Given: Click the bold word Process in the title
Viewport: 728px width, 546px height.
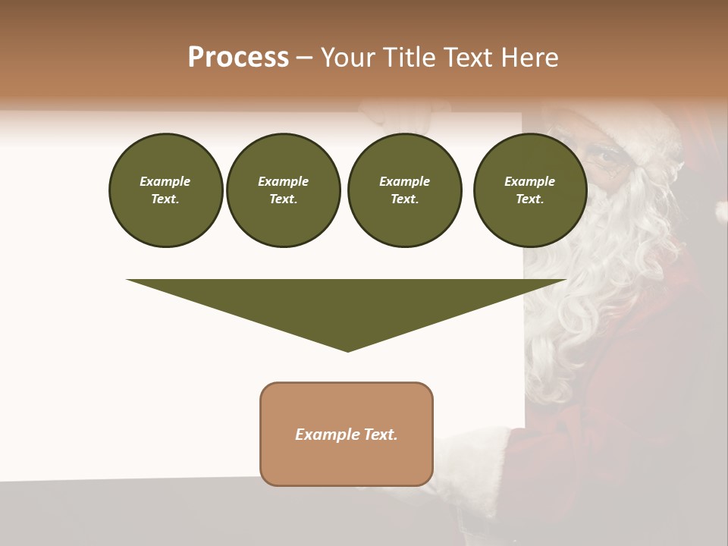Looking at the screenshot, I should pos(238,58).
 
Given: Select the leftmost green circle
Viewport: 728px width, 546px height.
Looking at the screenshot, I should pos(165,190).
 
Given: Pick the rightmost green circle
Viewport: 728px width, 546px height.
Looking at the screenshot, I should pos(530,190).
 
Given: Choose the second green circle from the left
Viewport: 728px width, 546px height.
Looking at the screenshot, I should pos(283,190).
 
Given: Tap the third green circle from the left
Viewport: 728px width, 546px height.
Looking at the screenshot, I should pos(404,190).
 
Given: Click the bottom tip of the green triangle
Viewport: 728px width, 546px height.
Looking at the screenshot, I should pos(347,350).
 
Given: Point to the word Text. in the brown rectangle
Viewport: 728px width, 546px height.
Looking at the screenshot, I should pos(381,435).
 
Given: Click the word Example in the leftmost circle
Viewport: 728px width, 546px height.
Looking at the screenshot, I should pos(165,181).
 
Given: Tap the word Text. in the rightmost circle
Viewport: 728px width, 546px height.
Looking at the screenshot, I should pos(529,199).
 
